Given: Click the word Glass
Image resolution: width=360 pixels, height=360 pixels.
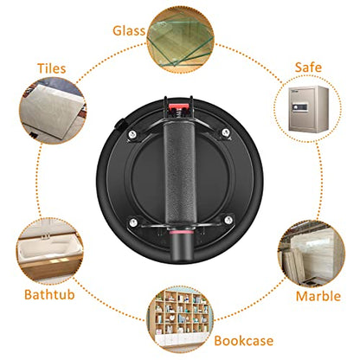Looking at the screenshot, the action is [129, 31].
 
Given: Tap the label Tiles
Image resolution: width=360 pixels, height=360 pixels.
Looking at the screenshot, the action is [52, 68].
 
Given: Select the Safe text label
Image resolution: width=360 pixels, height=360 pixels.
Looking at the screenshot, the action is [308, 67].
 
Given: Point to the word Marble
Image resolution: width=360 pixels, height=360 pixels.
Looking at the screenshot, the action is [318, 296].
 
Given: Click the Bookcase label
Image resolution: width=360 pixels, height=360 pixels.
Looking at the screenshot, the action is [244, 341].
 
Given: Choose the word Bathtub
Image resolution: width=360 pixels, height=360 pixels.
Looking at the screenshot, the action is [49, 294].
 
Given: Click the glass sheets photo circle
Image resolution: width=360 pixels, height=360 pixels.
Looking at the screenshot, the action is [181, 40].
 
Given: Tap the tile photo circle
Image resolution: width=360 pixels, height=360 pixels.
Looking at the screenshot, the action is [53, 110].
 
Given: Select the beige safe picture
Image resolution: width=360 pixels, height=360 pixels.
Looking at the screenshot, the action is [309, 109].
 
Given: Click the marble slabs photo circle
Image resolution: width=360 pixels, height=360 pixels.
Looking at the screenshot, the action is [312, 254].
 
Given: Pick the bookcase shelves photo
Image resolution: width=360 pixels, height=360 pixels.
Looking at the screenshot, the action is [180, 319].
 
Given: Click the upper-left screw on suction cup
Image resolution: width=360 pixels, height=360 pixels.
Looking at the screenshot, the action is [132, 134].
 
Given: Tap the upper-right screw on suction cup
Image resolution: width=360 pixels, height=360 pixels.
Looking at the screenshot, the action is [226, 132].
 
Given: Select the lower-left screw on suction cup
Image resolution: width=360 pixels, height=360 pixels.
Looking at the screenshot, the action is [133, 222].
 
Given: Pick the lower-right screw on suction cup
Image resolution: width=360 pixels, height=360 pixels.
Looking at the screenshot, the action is [228, 220].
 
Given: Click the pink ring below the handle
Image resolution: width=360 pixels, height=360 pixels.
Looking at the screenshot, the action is [181, 232].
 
